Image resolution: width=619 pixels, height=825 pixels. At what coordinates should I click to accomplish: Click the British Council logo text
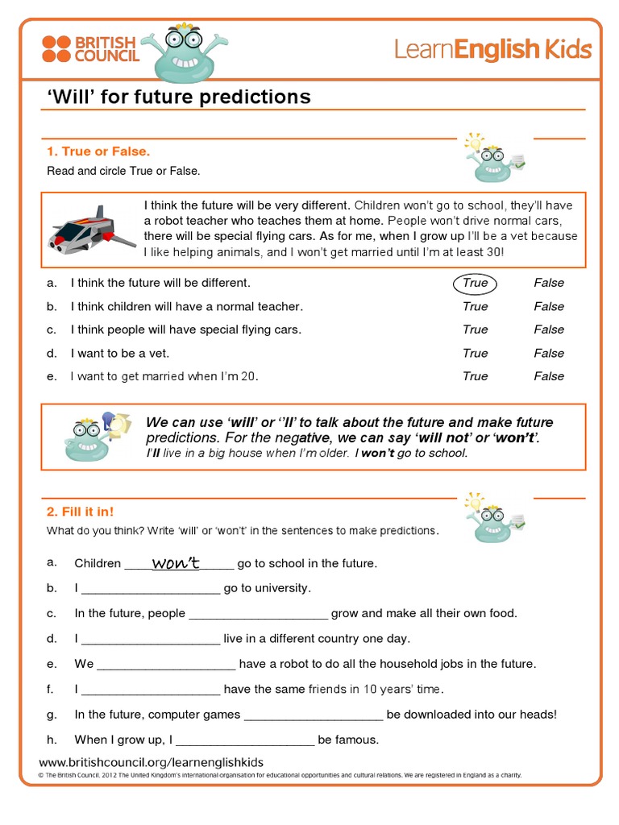106,48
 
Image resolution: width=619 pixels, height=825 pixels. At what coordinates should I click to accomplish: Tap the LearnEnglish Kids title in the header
492,49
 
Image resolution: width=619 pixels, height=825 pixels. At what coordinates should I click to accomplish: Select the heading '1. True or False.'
98,151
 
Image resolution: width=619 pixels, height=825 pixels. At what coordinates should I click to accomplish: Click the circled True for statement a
476,283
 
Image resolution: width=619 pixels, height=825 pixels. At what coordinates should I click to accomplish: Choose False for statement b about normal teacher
548,306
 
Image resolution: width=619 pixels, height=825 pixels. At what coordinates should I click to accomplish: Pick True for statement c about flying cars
476,330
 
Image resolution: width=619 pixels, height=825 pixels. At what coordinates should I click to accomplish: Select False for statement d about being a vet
548,353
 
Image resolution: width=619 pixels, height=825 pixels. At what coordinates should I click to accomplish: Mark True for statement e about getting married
476,376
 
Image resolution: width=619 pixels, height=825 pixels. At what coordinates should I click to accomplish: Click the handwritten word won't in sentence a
176,563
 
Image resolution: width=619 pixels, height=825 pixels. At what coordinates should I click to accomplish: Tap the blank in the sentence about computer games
314,715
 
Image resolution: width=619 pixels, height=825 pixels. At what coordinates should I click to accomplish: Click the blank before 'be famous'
245,740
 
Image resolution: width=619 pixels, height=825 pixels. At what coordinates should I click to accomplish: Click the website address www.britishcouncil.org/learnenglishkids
152,762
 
